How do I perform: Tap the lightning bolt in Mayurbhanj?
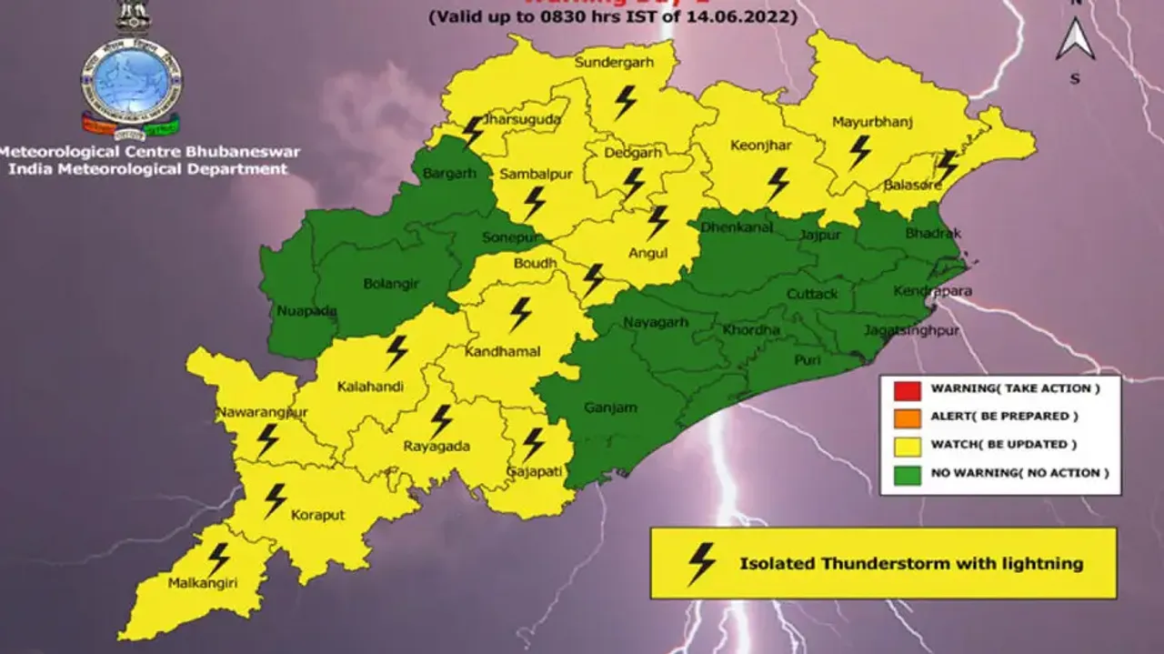[859, 152]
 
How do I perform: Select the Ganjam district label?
[610, 408]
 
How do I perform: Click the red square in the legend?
[906, 389]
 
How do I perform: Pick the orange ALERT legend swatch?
[906, 418]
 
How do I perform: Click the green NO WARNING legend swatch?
[906, 474]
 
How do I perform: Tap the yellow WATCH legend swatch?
[906, 446]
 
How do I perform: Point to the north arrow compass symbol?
[1075, 41]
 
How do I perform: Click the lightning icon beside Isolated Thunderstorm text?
[701, 564]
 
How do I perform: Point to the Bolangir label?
[391, 284]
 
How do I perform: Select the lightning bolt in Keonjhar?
[778, 183]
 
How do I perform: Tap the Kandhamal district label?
[502, 351]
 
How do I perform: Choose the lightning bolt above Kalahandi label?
[396, 351]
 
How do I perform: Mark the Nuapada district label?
[306, 311]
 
